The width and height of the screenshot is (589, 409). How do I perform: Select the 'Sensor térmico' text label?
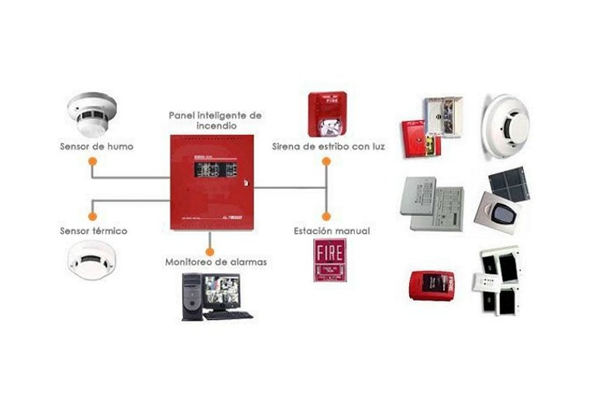point(94,231)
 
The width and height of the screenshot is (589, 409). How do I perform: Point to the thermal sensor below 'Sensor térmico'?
point(91,261)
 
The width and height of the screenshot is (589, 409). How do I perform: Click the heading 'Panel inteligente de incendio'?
point(215,119)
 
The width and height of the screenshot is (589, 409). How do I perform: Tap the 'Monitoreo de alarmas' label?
point(216,262)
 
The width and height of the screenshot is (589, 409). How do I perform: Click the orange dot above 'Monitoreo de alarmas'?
point(211,249)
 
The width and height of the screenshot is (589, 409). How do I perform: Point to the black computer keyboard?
point(229,314)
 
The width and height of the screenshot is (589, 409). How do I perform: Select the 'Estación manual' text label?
point(332,231)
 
